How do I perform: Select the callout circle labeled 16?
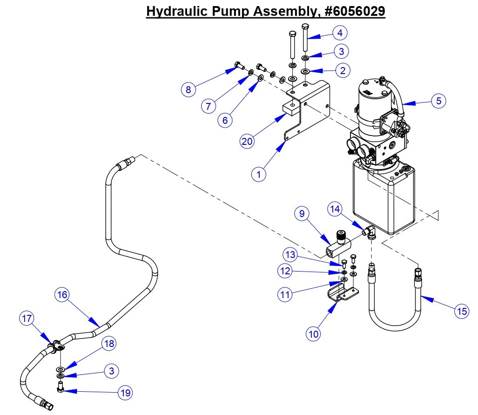click(x=62, y=294)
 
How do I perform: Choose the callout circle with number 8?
click(x=189, y=89)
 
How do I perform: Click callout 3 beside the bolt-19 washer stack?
click(x=111, y=371)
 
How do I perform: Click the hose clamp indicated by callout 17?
click(x=57, y=346)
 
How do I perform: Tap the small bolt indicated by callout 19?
click(x=60, y=387)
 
